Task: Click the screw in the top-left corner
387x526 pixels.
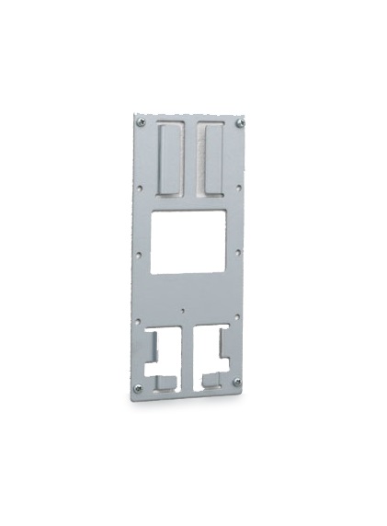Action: pyautogui.click(x=141, y=122)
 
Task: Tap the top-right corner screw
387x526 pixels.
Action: pyautogui.click(x=241, y=122)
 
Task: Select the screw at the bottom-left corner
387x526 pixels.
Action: pyautogui.click(x=139, y=388)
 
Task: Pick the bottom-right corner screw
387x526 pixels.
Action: pyautogui.click(x=237, y=382)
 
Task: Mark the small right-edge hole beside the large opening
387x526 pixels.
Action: pyautogui.click(x=239, y=247)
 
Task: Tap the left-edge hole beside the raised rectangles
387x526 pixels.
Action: pyautogui.click(x=139, y=189)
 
